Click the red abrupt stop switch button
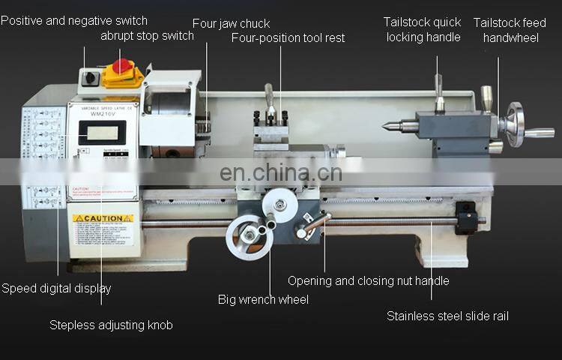[122, 65]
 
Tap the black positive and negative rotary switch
[91, 77]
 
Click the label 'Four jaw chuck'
[231, 23]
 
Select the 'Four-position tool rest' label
[288, 37]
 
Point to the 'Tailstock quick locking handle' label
[423, 30]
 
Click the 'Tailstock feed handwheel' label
[510, 30]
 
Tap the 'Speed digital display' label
[56, 288]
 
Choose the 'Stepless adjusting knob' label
[111, 325]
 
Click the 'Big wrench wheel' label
[263, 299]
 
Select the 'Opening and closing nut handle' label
[368, 280]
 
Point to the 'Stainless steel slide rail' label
[447, 316]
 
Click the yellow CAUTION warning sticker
[103, 219]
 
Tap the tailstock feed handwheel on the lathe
[516, 124]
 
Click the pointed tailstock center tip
[388, 127]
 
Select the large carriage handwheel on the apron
[247, 237]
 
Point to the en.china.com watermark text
[281, 173]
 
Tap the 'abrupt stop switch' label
[147, 36]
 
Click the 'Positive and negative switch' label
[74, 20]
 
